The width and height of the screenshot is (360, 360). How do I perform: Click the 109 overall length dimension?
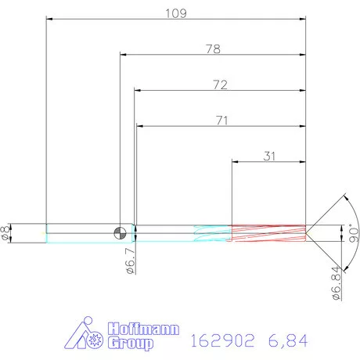[x=175, y=13]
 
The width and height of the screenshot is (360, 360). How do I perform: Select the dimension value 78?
[x=212, y=49]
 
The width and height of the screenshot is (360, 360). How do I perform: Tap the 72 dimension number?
[x=219, y=85]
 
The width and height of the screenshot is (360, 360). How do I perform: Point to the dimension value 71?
[x=220, y=120]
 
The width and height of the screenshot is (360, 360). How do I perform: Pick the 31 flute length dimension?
[x=269, y=156]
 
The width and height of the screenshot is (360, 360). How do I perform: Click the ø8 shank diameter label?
[x=7, y=232]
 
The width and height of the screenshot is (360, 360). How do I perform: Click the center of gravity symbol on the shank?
[x=119, y=232]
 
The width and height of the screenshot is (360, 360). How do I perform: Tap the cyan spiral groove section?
[x=211, y=232]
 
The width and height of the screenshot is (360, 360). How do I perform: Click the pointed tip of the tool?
[x=307, y=232]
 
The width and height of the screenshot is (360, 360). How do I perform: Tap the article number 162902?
[x=221, y=340]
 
